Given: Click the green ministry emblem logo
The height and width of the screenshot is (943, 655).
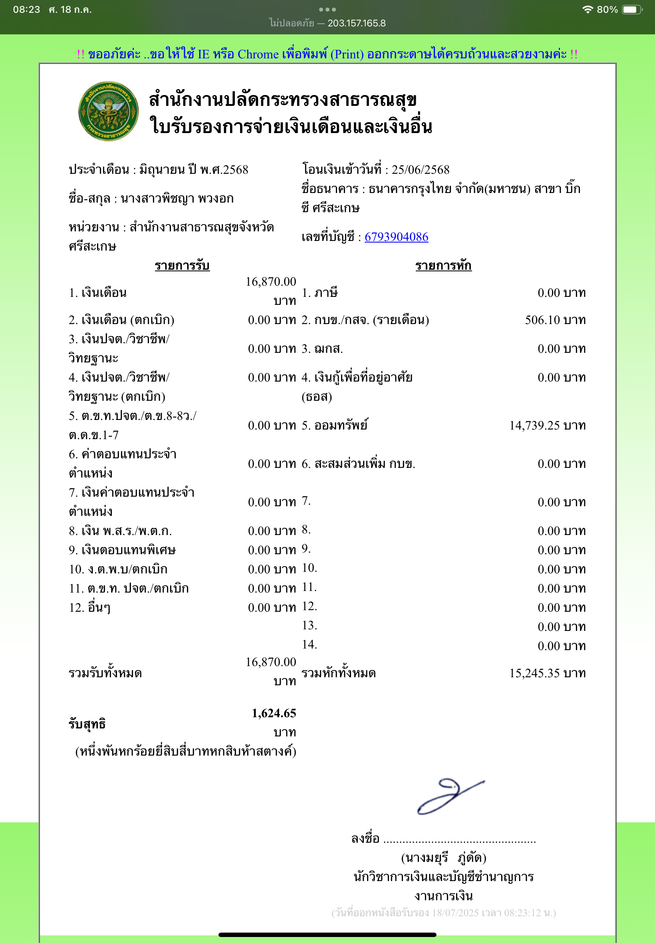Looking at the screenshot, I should click(x=108, y=111).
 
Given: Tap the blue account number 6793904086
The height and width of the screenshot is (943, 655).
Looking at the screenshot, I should click(x=396, y=237).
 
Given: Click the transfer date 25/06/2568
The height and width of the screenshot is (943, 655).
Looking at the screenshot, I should click(x=420, y=169).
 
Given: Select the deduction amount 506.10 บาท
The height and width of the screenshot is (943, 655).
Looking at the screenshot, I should click(x=555, y=320).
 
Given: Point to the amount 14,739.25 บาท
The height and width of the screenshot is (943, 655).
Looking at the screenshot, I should click(x=547, y=425).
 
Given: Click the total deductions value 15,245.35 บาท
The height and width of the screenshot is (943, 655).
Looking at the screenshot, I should click(x=547, y=673).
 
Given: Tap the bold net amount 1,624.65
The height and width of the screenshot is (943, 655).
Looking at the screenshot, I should click(x=274, y=713).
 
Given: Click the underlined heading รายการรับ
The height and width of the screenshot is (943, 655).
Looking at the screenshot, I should click(x=182, y=266).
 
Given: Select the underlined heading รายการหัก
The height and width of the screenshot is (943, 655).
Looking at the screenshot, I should click(x=443, y=266).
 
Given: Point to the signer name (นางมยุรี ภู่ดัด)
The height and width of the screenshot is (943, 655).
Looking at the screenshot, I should click(x=443, y=857).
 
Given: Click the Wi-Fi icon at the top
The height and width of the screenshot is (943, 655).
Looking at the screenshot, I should click(x=588, y=10).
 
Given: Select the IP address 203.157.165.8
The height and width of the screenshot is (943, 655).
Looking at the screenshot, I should click(x=356, y=23).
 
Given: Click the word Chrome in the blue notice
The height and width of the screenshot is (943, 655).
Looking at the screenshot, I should click(x=258, y=54).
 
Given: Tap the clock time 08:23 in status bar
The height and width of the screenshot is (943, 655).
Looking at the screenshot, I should click(x=26, y=10).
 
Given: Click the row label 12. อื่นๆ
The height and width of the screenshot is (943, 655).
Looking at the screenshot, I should click(x=89, y=607).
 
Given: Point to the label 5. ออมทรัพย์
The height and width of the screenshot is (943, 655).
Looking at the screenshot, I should click(x=334, y=425).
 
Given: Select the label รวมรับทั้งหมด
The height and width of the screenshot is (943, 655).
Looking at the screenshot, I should click(x=105, y=673).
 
